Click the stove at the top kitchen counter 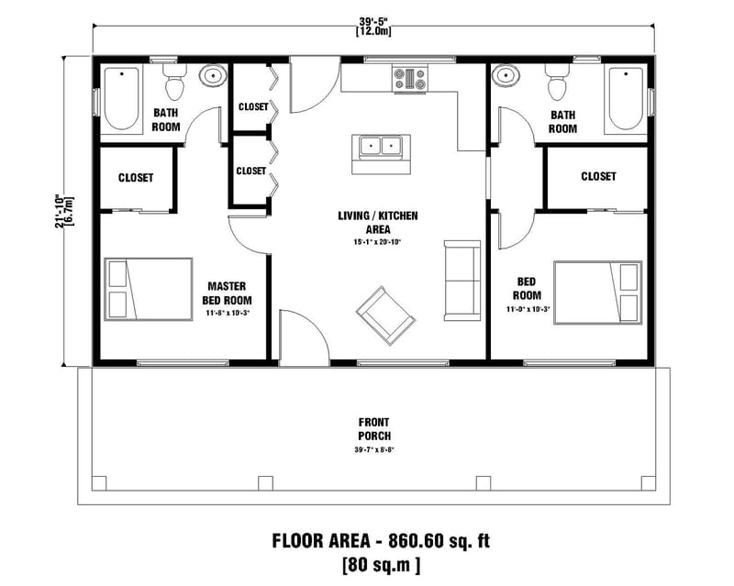[410, 79]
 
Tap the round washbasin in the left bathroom [214, 75]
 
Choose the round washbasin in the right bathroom [504, 75]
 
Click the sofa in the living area [461, 280]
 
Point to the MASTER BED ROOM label [228, 293]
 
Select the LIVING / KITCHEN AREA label [377, 222]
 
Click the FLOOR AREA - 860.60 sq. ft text [381, 540]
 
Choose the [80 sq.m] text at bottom [381, 563]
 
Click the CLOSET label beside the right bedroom [598, 176]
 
